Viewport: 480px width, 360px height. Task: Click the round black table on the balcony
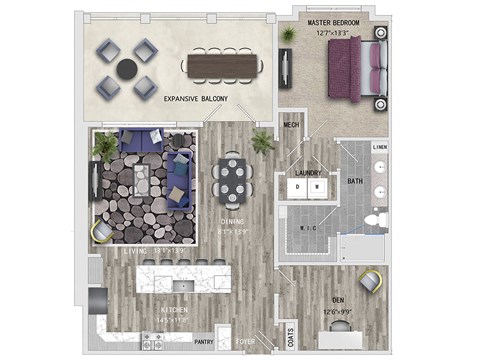(x=127, y=69)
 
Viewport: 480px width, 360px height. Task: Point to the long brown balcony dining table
(x=224, y=66)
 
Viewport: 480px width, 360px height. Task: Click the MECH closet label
(x=292, y=126)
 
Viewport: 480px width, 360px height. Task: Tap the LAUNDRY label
(x=308, y=172)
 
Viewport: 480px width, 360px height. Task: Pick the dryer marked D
(x=297, y=187)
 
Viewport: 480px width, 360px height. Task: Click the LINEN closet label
(x=380, y=148)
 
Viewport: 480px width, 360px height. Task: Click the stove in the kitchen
(x=153, y=343)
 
